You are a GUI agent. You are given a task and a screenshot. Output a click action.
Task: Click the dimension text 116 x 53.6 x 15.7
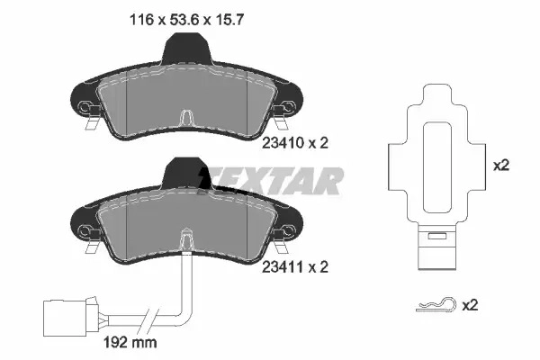186,20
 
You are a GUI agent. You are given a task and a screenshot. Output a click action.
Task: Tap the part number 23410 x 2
295,142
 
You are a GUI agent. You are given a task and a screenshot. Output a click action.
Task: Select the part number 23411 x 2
295,266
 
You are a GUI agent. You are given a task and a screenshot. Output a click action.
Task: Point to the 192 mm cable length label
130,342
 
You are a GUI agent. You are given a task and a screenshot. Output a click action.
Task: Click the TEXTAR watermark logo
271,181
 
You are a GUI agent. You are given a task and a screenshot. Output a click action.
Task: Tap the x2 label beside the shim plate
501,166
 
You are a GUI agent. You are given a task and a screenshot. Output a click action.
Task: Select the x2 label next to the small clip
470,305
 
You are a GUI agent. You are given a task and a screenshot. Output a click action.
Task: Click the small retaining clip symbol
436,304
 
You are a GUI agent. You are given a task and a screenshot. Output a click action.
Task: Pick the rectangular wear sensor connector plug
66,318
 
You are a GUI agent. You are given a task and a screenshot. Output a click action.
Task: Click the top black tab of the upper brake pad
187,48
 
